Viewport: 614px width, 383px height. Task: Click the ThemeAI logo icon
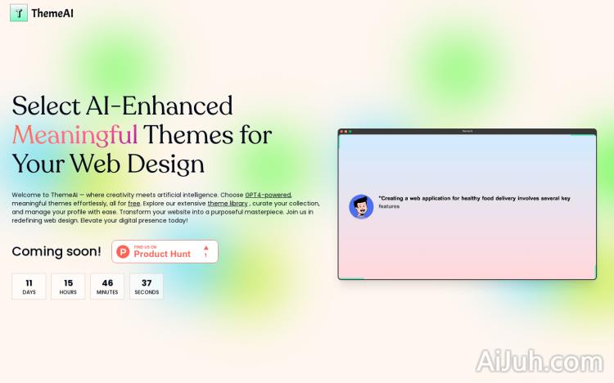coord(18,13)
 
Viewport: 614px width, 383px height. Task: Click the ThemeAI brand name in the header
coord(52,13)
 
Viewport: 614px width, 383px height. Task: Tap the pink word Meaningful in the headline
coord(74,134)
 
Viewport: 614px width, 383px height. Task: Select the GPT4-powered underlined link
coord(268,195)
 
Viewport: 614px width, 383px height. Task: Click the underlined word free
coord(134,203)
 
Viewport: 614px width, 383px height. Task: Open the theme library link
coord(228,203)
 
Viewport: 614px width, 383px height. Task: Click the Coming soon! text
coord(56,251)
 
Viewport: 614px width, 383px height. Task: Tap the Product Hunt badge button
coord(165,251)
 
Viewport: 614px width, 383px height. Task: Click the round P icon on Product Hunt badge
coord(124,251)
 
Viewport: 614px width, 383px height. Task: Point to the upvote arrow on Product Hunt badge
coord(205,247)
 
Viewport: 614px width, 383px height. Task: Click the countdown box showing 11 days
coord(29,286)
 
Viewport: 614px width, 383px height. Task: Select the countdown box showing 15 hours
coord(68,286)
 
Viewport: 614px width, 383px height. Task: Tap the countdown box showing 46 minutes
coord(107,286)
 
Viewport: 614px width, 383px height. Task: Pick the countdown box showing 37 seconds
coord(147,286)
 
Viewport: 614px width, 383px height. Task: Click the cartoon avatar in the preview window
coord(361,206)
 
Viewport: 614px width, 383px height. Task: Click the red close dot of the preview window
coord(342,131)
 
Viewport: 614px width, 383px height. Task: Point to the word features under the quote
coord(390,206)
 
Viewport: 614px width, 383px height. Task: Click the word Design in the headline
coord(162,163)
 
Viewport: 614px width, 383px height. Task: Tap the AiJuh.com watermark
coord(538,361)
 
